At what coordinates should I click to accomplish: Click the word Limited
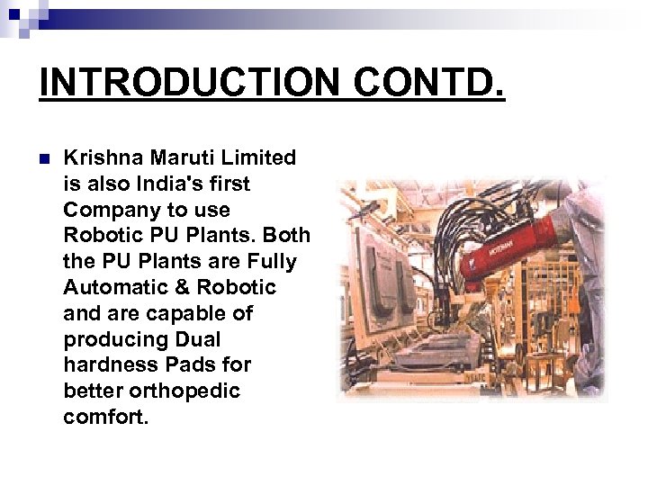[261, 158]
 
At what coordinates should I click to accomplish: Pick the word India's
[172, 184]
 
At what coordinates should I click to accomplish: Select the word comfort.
[101, 418]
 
